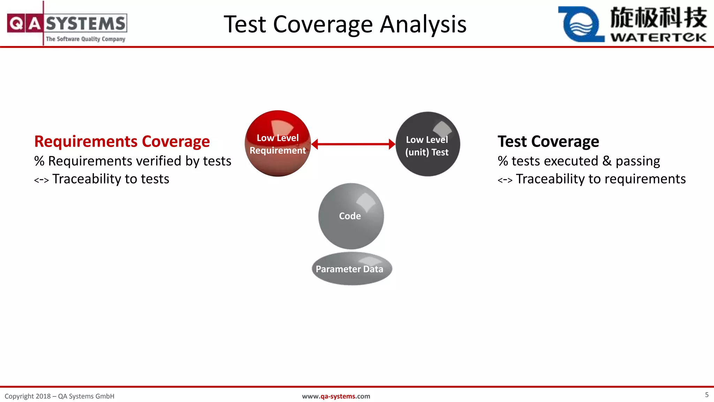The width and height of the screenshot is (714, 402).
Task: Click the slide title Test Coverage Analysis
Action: [x=345, y=24]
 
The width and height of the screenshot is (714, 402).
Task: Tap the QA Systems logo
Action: [x=67, y=23]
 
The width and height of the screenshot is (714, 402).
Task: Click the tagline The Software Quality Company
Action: [x=85, y=39]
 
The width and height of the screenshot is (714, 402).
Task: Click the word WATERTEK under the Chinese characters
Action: [x=658, y=37]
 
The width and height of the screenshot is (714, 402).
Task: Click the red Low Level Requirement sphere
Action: [x=278, y=144]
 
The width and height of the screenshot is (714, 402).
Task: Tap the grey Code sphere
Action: [x=351, y=216]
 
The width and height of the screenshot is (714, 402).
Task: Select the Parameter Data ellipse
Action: [x=351, y=269]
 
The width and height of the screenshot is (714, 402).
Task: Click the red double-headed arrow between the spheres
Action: [x=353, y=144]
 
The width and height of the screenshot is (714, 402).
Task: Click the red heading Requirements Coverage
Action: [x=122, y=141]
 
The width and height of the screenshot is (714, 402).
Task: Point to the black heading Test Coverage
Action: [x=548, y=141]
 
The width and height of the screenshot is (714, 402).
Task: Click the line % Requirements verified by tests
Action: [x=132, y=161]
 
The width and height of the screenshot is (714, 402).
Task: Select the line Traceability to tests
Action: [x=110, y=179]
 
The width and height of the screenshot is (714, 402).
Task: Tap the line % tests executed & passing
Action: [x=579, y=161]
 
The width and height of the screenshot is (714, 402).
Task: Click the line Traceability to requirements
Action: [x=600, y=179]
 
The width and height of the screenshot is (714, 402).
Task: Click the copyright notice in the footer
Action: [x=59, y=396]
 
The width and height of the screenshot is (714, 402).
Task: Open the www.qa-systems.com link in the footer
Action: [x=336, y=396]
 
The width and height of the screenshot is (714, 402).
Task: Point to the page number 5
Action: [x=707, y=395]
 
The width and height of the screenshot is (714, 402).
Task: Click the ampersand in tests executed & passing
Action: [x=607, y=161]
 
